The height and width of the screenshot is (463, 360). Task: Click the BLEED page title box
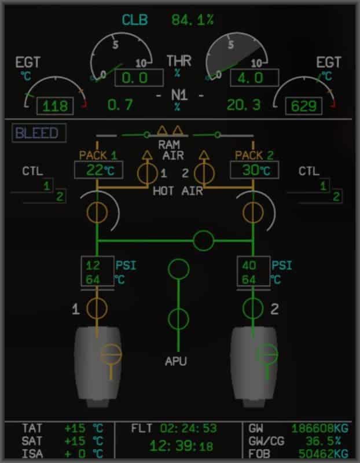tap(37, 133)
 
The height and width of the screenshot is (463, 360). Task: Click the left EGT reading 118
tap(56, 106)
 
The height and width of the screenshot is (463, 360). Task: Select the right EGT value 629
tap(303, 106)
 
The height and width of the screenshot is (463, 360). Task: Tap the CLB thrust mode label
tap(135, 20)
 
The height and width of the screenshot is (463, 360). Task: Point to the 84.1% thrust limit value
tap(192, 20)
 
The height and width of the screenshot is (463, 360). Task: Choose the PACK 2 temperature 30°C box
tap(254, 170)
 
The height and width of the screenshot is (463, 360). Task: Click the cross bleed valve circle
tap(203, 240)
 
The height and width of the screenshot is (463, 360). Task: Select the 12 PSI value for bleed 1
tap(93, 266)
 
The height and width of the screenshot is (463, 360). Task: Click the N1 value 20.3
tap(244, 105)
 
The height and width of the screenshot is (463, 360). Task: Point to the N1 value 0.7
tap(120, 105)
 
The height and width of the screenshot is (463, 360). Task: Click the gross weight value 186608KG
tap(320, 429)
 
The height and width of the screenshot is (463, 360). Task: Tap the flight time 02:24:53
tap(189, 429)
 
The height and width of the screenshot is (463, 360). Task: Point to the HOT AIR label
tap(178, 190)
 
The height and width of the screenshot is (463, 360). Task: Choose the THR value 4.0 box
tap(255, 78)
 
